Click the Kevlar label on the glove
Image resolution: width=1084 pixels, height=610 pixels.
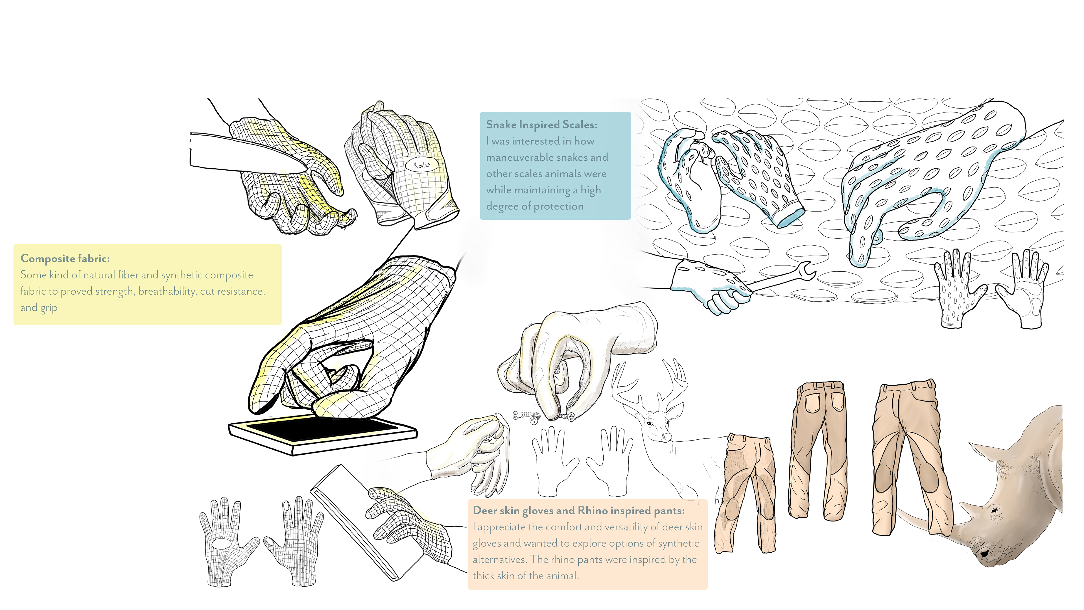pyautogui.click(x=422, y=165)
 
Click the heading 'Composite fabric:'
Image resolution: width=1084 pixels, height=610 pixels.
pyautogui.click(x=65, y=258)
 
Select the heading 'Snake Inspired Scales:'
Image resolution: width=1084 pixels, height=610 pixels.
pyautogui.click(x=541, y=125)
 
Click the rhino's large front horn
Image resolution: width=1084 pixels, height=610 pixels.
pyautogui.click(x=926, y=522)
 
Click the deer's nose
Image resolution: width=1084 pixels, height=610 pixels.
pyautogui.click(x=665, y=437)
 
